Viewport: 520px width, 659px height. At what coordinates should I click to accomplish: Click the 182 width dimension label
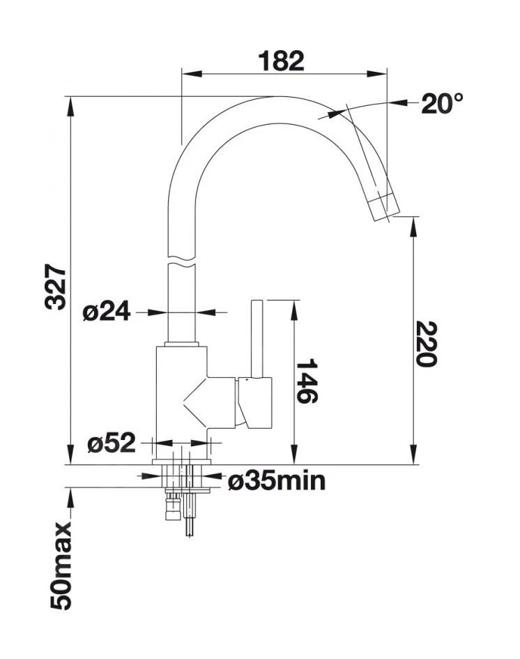pyautogui.click(x=282, y=61)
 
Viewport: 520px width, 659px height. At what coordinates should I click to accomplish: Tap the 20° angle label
pyautogui.click(x=441, y=104)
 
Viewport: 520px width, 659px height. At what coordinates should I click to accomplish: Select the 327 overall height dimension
pyautogui.click(x=56, y=287)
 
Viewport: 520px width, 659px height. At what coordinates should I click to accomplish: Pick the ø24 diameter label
pyautogui.click(x=106, y=312)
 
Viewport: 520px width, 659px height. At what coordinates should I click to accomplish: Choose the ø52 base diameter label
pyautogui.click(x=112, y=443)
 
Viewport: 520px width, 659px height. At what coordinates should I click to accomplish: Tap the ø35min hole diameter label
pyautogui.click(x=277, y=480)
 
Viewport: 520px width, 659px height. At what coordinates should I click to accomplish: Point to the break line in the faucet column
pyautogui.click(x=182, y=260)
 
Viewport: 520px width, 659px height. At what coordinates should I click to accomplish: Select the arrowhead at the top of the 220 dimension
pyautogui.click(x=415, y=222)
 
